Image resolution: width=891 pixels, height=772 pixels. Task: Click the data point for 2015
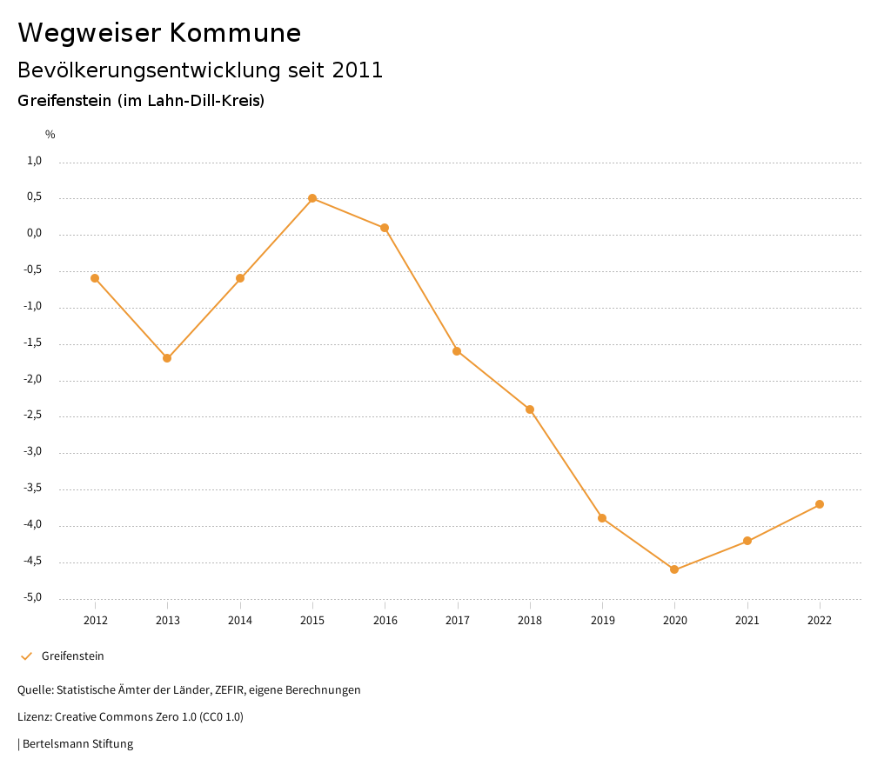(x=312, y=198)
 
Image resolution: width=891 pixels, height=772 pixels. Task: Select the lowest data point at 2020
(x=674, y=569)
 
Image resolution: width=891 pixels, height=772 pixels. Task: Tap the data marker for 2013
(x=167, y=358)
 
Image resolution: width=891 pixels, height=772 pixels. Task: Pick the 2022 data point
(x=820, y=504)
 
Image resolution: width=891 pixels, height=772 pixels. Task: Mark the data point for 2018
(x=530, y=409)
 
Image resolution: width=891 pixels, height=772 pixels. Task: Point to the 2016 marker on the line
(x=385, y=228)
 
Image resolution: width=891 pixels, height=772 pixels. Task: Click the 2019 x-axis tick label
(x=602, y=620)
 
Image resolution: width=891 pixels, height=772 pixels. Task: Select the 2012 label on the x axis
(x=95, y=620)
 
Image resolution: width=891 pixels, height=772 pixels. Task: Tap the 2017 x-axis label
(x=458, y=620)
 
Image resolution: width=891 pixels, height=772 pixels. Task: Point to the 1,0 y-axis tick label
(x=35, y=161)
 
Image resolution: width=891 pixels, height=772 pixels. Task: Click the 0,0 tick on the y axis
(x=35, y=233)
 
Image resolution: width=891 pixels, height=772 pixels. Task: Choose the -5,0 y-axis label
(x=33, y=597)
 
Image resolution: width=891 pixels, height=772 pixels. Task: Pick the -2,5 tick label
(x=33, y=416)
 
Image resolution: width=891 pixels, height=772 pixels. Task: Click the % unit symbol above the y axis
(x=50, y=135)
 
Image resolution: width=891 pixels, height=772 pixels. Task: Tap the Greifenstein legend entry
(x=72, y=656)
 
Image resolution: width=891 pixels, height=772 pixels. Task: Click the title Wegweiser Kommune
(x=159, y=33)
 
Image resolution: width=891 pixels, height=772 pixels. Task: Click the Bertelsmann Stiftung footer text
(x=77, y=744)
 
